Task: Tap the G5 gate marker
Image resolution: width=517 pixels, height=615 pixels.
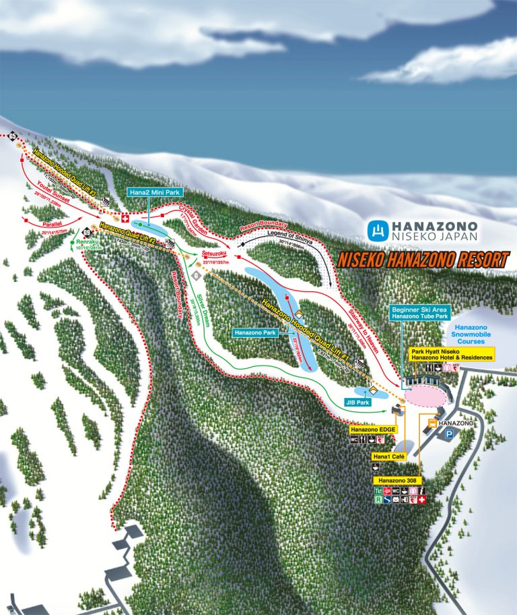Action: pyautogui.click(x=12, y=138)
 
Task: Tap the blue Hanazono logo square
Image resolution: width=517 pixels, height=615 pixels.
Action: pyautogui.click(x=379, y=231)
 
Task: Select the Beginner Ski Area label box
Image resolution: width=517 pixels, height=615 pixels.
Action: pyautogui.click(x=419, y=312)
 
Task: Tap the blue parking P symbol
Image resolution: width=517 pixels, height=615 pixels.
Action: pyautogui.click(x=447, y=436)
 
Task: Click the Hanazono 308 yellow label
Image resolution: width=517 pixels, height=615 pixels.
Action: pyautogui.click(x=397, y=480)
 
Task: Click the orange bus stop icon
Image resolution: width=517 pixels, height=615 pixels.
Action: pyautogui.click(x=431, y=423)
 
